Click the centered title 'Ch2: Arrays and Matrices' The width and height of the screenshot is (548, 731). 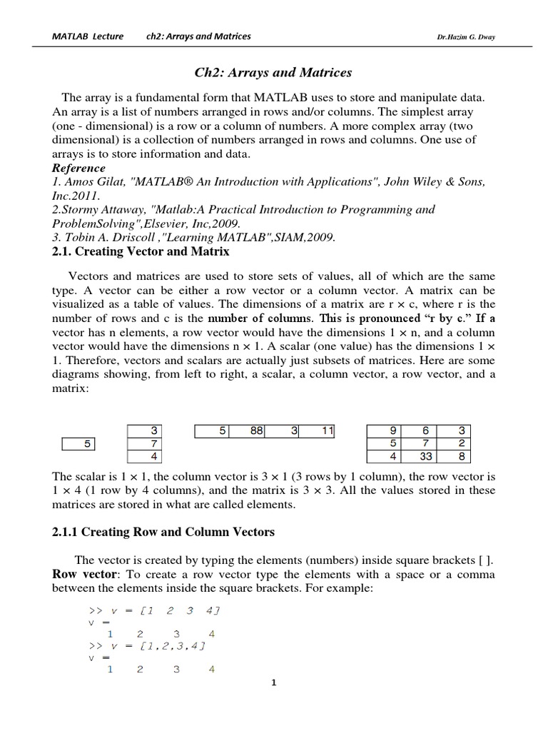[x=274, y=73]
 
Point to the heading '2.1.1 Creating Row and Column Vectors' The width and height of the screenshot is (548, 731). [x=163, y=532]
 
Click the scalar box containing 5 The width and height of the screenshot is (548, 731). [x=78, y=443]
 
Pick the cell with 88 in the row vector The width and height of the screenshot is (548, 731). [x=247, y=430]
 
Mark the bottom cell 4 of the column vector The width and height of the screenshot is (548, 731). [x=146, y=456]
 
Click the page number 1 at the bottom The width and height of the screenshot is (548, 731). [x=273, y=683]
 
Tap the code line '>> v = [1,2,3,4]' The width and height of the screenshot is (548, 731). [x=147, y=646]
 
